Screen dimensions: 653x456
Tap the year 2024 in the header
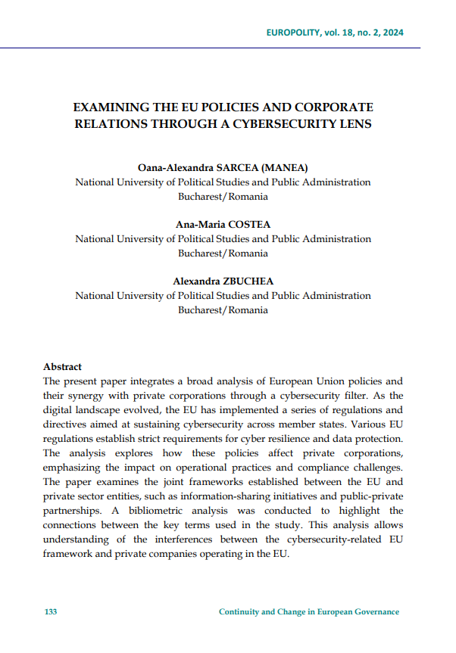(387, 33)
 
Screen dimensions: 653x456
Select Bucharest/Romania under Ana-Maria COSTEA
(223, 253)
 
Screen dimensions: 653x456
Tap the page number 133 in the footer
(50, 612)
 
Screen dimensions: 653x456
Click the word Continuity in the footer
(239, 612)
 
